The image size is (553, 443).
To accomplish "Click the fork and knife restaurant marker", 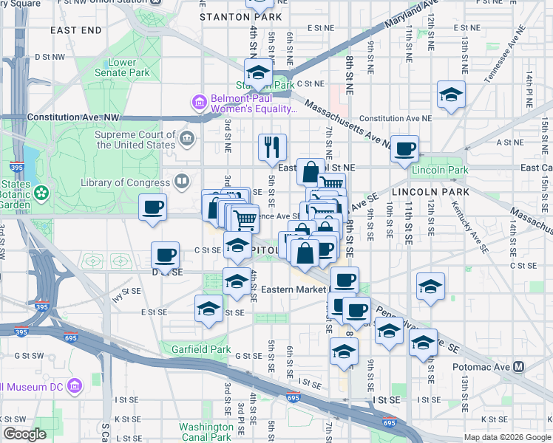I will pos(272,147).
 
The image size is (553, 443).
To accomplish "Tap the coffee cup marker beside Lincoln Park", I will pos(404,148).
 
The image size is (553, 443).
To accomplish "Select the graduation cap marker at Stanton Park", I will pos(258,73).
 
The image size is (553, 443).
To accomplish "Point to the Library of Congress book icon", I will pos(182,181).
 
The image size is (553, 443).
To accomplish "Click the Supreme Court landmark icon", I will pos(186,137).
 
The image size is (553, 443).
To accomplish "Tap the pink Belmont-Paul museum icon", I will pos(199,101).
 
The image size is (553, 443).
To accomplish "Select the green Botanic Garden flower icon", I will pos(41,193).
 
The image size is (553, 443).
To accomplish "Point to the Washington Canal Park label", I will pos(206,432).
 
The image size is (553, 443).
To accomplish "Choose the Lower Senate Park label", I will pos(122,67).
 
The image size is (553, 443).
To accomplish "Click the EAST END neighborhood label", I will pos(76,30).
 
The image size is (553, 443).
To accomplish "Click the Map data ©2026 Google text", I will pos(506,437).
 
